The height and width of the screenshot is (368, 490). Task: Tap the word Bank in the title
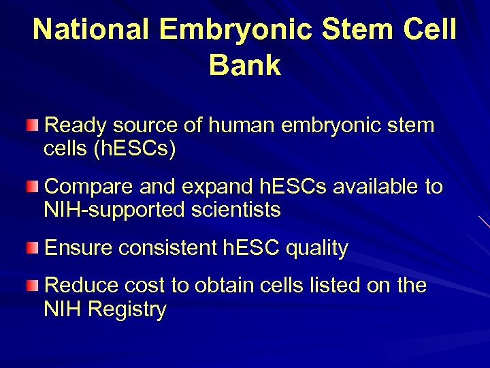[x=244, y=65]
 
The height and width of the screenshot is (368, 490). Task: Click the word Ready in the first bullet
[x=74, y=125]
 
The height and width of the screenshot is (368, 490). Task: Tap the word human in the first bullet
[x=243, y=125]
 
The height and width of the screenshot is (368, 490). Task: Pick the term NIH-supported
[x=113, y=210]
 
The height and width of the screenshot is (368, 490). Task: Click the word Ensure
[x=79, y=248]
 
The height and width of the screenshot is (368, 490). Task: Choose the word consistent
[x=169, y=248]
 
